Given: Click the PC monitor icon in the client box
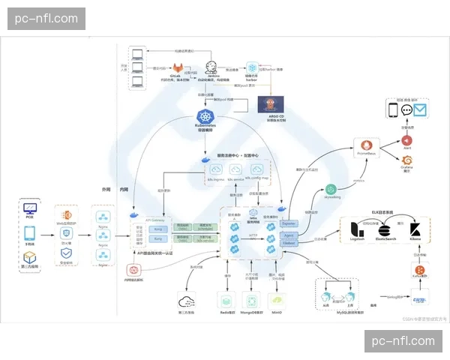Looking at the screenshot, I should point(30,208).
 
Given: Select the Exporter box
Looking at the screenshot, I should point(288,223).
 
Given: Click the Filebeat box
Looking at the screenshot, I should point(288,242).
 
